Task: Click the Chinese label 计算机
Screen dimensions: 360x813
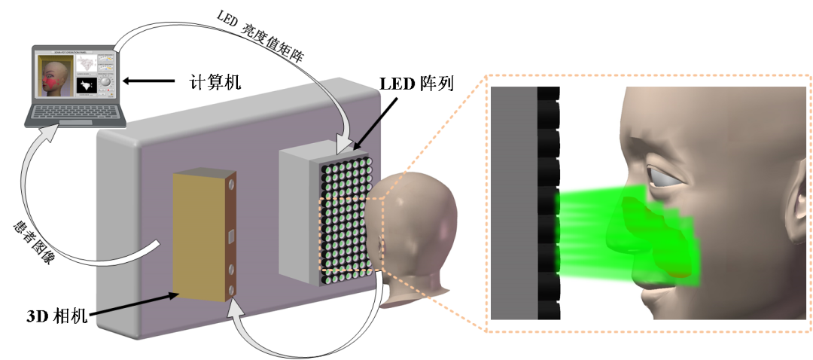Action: [x=215, y=81]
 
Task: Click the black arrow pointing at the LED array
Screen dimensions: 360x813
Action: [x=373, y=125]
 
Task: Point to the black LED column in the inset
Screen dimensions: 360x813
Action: [x=548, y=203]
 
